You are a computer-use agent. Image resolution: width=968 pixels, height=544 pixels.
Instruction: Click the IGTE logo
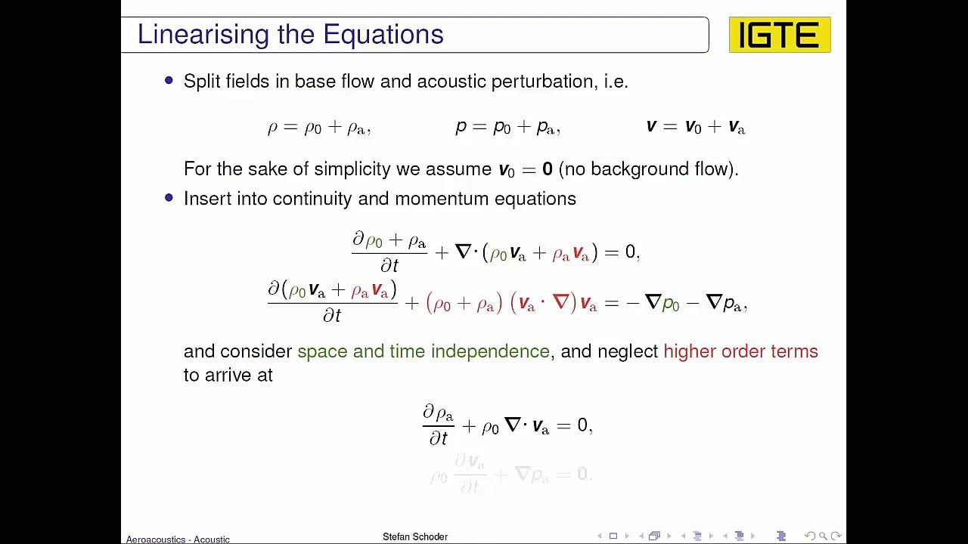780,35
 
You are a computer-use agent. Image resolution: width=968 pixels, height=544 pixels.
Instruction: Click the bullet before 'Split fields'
169,80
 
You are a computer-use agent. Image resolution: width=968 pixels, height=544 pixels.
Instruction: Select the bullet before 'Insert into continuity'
169,197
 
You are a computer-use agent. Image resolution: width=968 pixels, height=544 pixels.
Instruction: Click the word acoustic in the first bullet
451,82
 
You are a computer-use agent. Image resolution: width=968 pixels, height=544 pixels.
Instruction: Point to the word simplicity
350,169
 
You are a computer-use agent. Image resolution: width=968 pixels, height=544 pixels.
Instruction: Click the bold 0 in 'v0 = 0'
547,169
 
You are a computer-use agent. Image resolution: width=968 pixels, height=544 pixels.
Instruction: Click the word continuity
312,199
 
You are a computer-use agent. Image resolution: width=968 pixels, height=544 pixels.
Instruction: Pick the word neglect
628,351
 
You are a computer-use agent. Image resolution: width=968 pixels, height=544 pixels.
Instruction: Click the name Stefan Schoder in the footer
415,536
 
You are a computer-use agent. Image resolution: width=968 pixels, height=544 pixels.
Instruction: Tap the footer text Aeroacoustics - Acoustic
178,539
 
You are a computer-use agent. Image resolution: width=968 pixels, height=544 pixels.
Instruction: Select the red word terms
794,351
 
